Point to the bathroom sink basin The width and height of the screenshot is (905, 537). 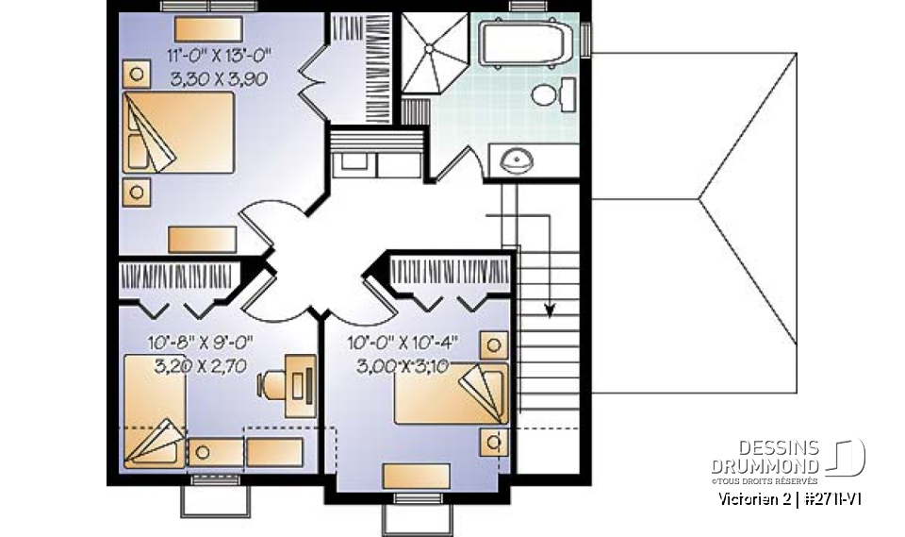tap(516, 159)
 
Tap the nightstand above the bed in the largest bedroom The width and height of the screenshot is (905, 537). tap(138, 74)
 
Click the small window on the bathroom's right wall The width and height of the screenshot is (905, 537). tap(585, 40)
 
